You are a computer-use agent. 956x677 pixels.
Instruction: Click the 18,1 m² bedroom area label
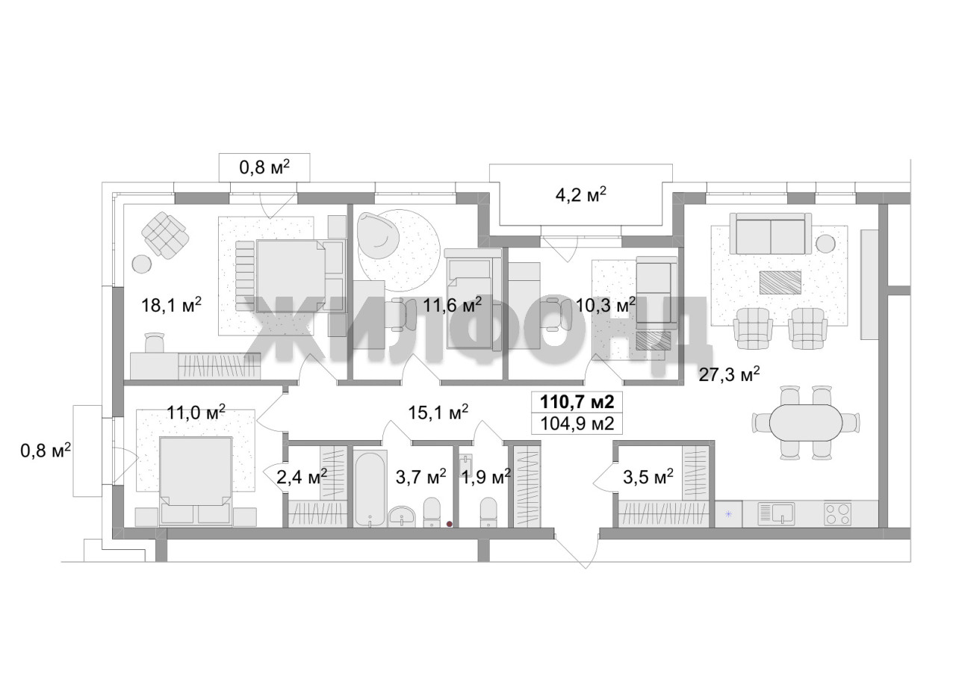point(171,305)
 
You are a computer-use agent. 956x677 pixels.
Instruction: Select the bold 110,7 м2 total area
point(577,402)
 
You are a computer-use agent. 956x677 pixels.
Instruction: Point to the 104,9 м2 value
point(577,424)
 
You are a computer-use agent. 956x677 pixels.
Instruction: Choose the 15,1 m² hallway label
point(438,412)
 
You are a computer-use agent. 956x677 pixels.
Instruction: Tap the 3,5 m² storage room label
point(648,477)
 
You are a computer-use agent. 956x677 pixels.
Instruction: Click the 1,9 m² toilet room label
point(486,477)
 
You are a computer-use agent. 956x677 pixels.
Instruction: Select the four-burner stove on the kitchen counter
point(837,513)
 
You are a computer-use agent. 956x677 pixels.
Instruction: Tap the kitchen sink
point(776,513)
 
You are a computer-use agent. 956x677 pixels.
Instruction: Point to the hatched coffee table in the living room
point(780,282)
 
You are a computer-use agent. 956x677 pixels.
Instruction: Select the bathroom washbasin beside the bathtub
point(402,516)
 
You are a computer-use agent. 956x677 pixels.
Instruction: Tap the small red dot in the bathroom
point(449,524)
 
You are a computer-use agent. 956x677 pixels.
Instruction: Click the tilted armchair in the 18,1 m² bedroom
point(166,235)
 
